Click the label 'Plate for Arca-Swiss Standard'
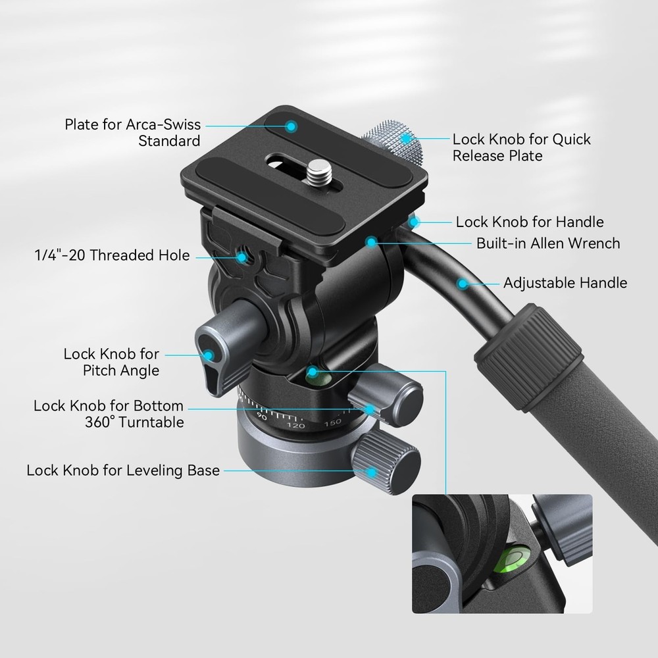tap(132, 132)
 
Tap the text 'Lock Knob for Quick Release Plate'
tap(521, 147)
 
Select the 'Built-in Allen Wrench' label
tap(547, 243)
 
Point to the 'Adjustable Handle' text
tap(565, 284)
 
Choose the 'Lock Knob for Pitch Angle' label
tap(111, 363)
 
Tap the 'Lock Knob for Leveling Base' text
tap(123, 471)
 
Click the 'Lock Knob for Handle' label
tap(529, 222)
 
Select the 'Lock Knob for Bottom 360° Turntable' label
tap(109, 414)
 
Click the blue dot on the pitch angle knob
tap(210, 356)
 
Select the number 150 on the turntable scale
tap(332, 422)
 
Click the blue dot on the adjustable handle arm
tap(463, 284)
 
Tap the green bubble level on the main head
tap(315, 378)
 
